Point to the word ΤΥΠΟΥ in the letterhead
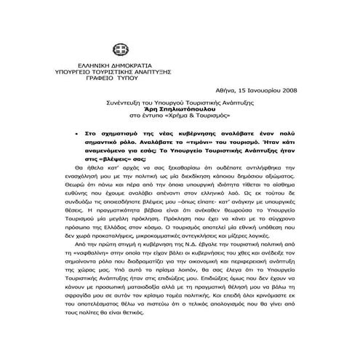click(x=138, y=80)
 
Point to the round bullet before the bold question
click(x=79, y=135)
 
